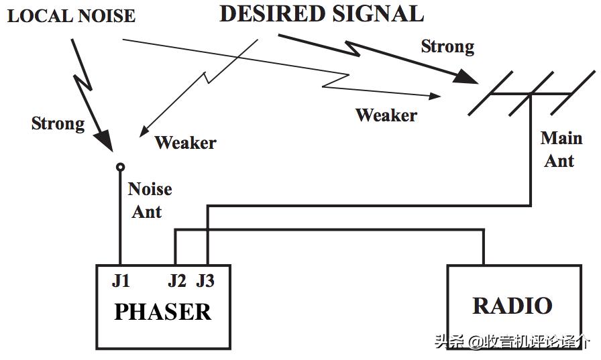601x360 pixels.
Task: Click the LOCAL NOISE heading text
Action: click(x=71, y=15)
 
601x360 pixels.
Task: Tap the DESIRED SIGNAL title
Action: click(x=322, y=14)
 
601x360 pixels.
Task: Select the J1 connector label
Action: click(x=121, y=281)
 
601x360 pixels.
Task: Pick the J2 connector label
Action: click(x=176, y=281)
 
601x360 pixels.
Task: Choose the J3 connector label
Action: click(x=205, y=281)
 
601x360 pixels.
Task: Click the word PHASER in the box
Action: click(x=162, y=312)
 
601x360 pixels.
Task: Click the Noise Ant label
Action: click(x=149, y=200)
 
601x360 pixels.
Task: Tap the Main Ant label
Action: click(x=561, y=149)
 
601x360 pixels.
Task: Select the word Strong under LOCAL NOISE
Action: click(x=58, y=123)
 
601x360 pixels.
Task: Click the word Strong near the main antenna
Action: click(x=447, y=46)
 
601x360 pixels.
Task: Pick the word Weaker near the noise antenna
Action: click(x=185, y=142)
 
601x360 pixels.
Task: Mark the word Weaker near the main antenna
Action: click(x=386, y=115)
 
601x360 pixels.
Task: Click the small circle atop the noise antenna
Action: click(x=120, y=166)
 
